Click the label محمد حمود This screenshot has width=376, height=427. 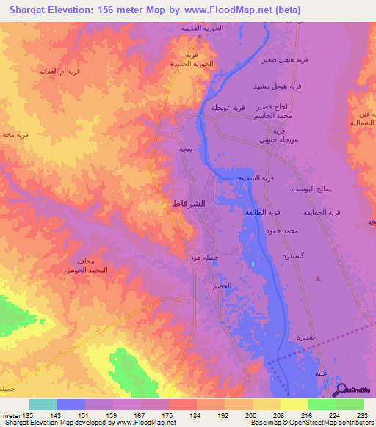[283, 231]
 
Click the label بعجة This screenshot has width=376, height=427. [186, 149]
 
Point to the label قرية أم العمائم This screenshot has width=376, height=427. [57, 71]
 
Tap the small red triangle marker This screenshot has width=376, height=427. [318, 279]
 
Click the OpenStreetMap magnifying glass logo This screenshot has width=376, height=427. [341, 389]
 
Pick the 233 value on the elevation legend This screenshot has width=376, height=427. [361, 415]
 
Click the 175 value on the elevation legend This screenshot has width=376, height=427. [168, 415]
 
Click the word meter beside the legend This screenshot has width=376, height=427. [11, 415]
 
